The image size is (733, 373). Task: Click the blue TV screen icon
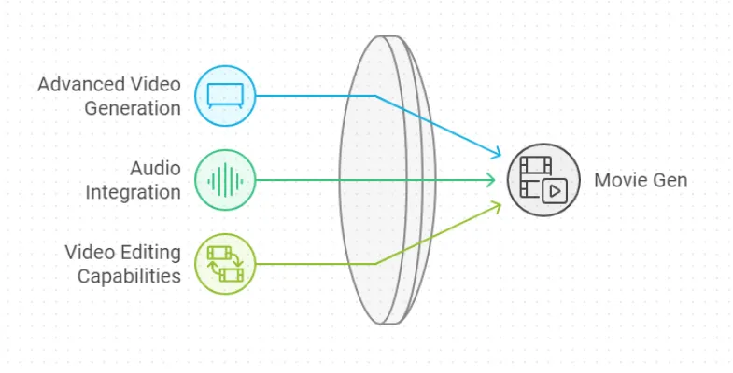point(224,95)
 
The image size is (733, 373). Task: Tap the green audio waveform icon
point(224,179)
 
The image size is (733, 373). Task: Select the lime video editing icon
point(224,263)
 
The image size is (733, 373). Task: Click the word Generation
point(133,108)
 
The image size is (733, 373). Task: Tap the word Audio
point(155,169)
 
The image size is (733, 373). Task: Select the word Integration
point(134,192)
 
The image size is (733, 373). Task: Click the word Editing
point(149,253)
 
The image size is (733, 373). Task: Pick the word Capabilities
point(129,276)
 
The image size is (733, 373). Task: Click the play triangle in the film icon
point(555,191)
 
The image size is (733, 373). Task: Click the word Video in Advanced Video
point(159,85)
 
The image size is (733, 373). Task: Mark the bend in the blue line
point(375,95)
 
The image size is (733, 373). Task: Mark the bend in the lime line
point(375,263)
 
